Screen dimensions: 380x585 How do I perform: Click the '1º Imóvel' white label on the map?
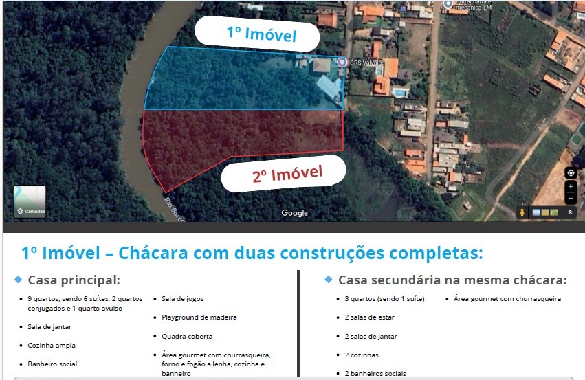256,34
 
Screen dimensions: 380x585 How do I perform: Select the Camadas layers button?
30,201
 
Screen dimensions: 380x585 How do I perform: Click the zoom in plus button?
571,186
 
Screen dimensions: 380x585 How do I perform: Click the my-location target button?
571,172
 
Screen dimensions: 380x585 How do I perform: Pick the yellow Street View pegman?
522,213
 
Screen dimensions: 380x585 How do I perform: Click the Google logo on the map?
294,213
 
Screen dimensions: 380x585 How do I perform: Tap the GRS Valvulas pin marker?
342,62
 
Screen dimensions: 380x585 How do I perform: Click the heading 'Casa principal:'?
74,280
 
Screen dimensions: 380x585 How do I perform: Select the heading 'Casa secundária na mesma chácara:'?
452,280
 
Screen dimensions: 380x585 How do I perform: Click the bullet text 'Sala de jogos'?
182,299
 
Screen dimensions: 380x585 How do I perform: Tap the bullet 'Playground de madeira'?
199,317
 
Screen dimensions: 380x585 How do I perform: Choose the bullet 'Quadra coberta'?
187,337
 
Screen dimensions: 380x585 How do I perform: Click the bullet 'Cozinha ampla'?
52,346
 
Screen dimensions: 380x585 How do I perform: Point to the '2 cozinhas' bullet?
362,355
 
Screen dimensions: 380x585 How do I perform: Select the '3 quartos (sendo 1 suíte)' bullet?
384,299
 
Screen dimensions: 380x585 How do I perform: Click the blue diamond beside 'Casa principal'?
18,280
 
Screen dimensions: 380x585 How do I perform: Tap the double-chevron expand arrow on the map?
570,213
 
